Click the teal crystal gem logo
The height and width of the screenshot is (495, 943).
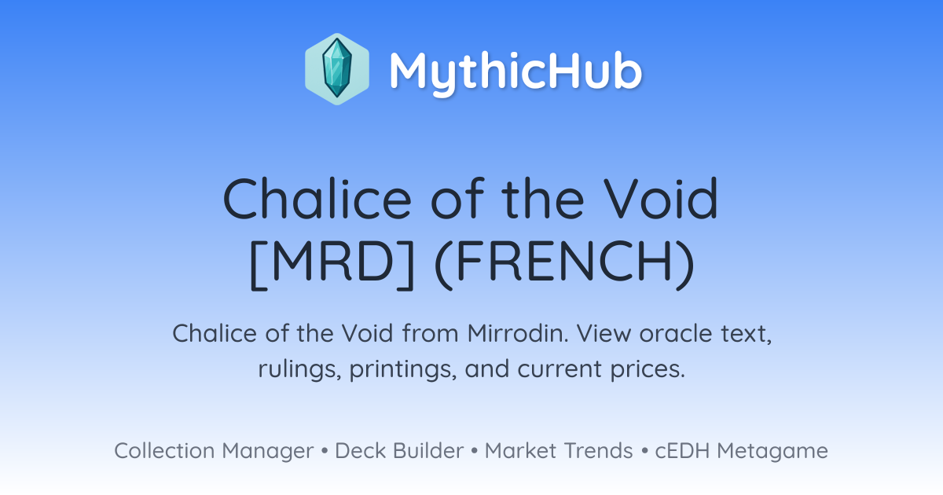tap(337, 69)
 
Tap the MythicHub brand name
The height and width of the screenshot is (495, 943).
tap(516, 71)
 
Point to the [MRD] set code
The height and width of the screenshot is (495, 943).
tap(332, 264)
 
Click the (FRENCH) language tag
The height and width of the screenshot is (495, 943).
tap(564, 264)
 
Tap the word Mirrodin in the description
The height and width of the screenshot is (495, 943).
tap(518, 333)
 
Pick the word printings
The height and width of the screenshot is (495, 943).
tap(403, 369)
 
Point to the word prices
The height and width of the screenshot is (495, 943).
tap(648, 369)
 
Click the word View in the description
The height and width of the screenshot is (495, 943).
tap(604, 333)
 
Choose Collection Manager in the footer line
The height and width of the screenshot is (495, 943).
tap(214, 451)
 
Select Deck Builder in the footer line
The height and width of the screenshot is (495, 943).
tap(399, 450)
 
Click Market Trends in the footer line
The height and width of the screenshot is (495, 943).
tap(559, 450)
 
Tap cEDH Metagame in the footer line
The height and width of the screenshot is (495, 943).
tap(741, 451)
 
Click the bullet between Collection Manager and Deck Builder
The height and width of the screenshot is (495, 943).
tap(324, 451)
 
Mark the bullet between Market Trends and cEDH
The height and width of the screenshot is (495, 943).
tap(644, 451)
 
